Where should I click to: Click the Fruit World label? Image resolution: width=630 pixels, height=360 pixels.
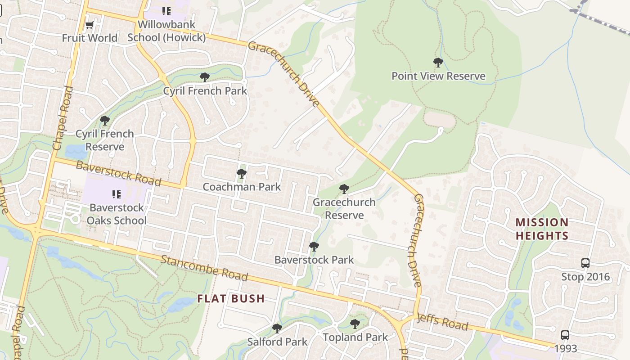click(x=90, y=38)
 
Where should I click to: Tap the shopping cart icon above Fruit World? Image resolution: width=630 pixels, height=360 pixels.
click(x=90, y=25)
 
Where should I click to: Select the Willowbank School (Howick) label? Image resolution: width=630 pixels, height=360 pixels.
click(x=166, y=31)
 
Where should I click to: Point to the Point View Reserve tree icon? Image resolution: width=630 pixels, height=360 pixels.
click(x=438, y=63)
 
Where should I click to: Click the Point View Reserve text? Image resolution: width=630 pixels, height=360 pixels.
click(x=438, y=76)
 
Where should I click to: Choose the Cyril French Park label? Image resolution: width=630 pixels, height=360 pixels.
click(x=205, y=91)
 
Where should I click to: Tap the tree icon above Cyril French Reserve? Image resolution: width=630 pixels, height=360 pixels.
click(x=105, y=121)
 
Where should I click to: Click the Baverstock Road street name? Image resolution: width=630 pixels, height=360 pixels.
click(x=118, y=173)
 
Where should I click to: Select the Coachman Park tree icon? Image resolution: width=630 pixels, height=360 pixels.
click(x=242, y=173)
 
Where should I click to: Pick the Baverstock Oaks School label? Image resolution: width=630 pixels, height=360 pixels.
click(x=117, y=214)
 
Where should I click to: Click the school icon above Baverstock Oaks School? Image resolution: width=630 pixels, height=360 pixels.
click(x=117, y=194)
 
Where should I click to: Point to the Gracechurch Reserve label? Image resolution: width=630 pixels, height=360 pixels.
click(x=344, y=209)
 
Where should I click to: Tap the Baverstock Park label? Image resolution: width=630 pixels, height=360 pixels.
click(x=314, y=260)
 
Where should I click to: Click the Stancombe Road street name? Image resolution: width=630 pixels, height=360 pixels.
click(x=204, y=267)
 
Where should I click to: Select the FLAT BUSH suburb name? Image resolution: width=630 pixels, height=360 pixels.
click(x=231, y=299)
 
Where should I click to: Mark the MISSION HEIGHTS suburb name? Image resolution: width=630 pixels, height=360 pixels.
click(x=542, y=229)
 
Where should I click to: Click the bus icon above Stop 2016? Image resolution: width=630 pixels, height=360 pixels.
click(x=585, y=263)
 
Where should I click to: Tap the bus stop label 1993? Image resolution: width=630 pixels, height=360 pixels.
click(x=565, y=349)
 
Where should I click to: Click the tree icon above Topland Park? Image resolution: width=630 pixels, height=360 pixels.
click(x=355, y=324)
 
